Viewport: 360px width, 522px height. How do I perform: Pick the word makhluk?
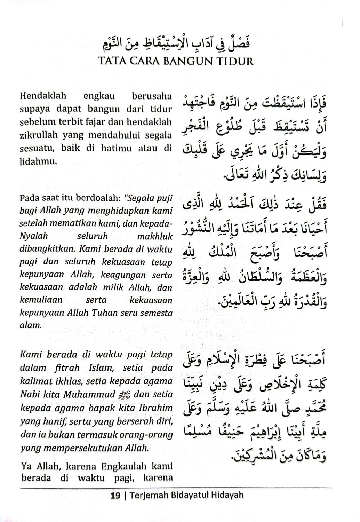155,236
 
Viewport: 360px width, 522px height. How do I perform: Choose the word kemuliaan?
41,300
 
